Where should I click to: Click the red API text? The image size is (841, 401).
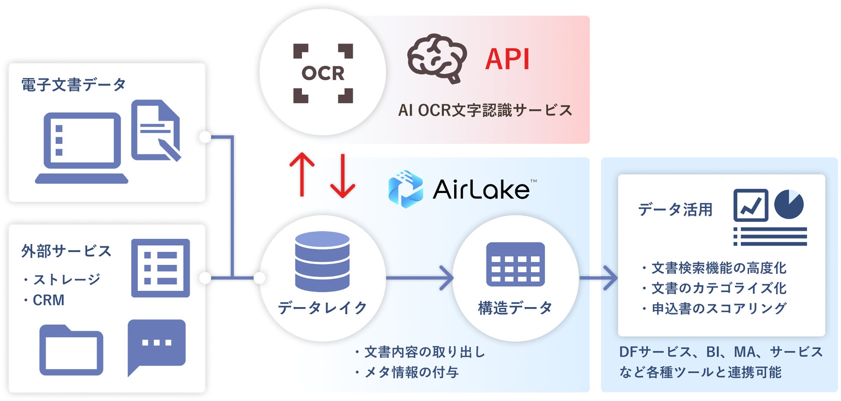pyautogui.click(x=507, y=59)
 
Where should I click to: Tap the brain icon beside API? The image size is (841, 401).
pyautogui.click(x=437, y=58)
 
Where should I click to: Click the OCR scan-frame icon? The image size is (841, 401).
pyautogui.click(x=323, y=73)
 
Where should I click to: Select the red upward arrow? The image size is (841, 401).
pyautogui.click(x=302, y=175)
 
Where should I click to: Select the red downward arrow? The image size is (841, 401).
pyautogui.click(x=343, y=176)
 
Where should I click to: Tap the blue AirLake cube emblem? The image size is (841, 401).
pyautogui.click(x=405, y=189)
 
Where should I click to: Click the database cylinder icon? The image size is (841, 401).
pyautogui.click(x=322, y=261)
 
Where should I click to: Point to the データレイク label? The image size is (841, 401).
pyautogui.click(x=322, y=308)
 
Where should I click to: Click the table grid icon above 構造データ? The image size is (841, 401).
pyautogui.click(x=515, y=264)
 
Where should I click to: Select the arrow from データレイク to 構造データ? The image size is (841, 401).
pyautogui.click(x=419, y=278)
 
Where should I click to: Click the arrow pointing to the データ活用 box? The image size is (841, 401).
pyautogui.click(x=599, y=278)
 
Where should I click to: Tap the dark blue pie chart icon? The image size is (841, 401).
pyautogui.click(x=789, y=204)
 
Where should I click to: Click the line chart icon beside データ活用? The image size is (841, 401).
pyautogui.click(x=751, y=205)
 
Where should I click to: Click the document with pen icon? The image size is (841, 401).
pyautogui.click(x=156, y=131)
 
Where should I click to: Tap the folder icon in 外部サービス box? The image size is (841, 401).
pyautogui.click(x=71, y=350)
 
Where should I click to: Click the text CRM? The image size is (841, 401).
pyautogui.click(x=48, y=300)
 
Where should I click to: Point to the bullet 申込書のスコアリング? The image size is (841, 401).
pyautogui.click(x=714, y=308)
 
